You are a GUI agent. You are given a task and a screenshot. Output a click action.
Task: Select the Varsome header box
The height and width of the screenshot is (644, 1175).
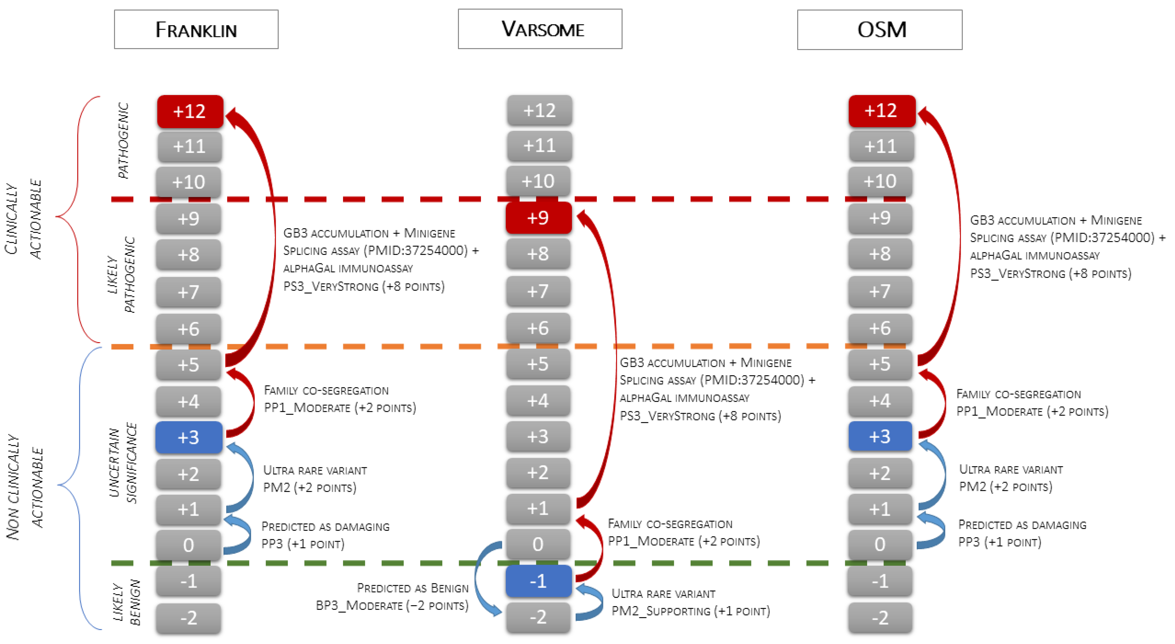(x=540, y=29)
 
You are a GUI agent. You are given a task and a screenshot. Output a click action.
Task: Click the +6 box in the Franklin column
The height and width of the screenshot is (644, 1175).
(x=188, y=329)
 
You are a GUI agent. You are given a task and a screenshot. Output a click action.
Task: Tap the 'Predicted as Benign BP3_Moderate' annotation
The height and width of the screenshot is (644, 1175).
(x=392, y=597)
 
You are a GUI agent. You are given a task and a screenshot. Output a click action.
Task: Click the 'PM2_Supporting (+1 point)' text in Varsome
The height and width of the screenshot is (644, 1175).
(x=690, y=611)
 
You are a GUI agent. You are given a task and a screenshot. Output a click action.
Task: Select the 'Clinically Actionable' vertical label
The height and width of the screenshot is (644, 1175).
(x=23, y=219)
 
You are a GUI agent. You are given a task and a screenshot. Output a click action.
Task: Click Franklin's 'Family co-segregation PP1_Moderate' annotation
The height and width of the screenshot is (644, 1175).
(x=340, y=399)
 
